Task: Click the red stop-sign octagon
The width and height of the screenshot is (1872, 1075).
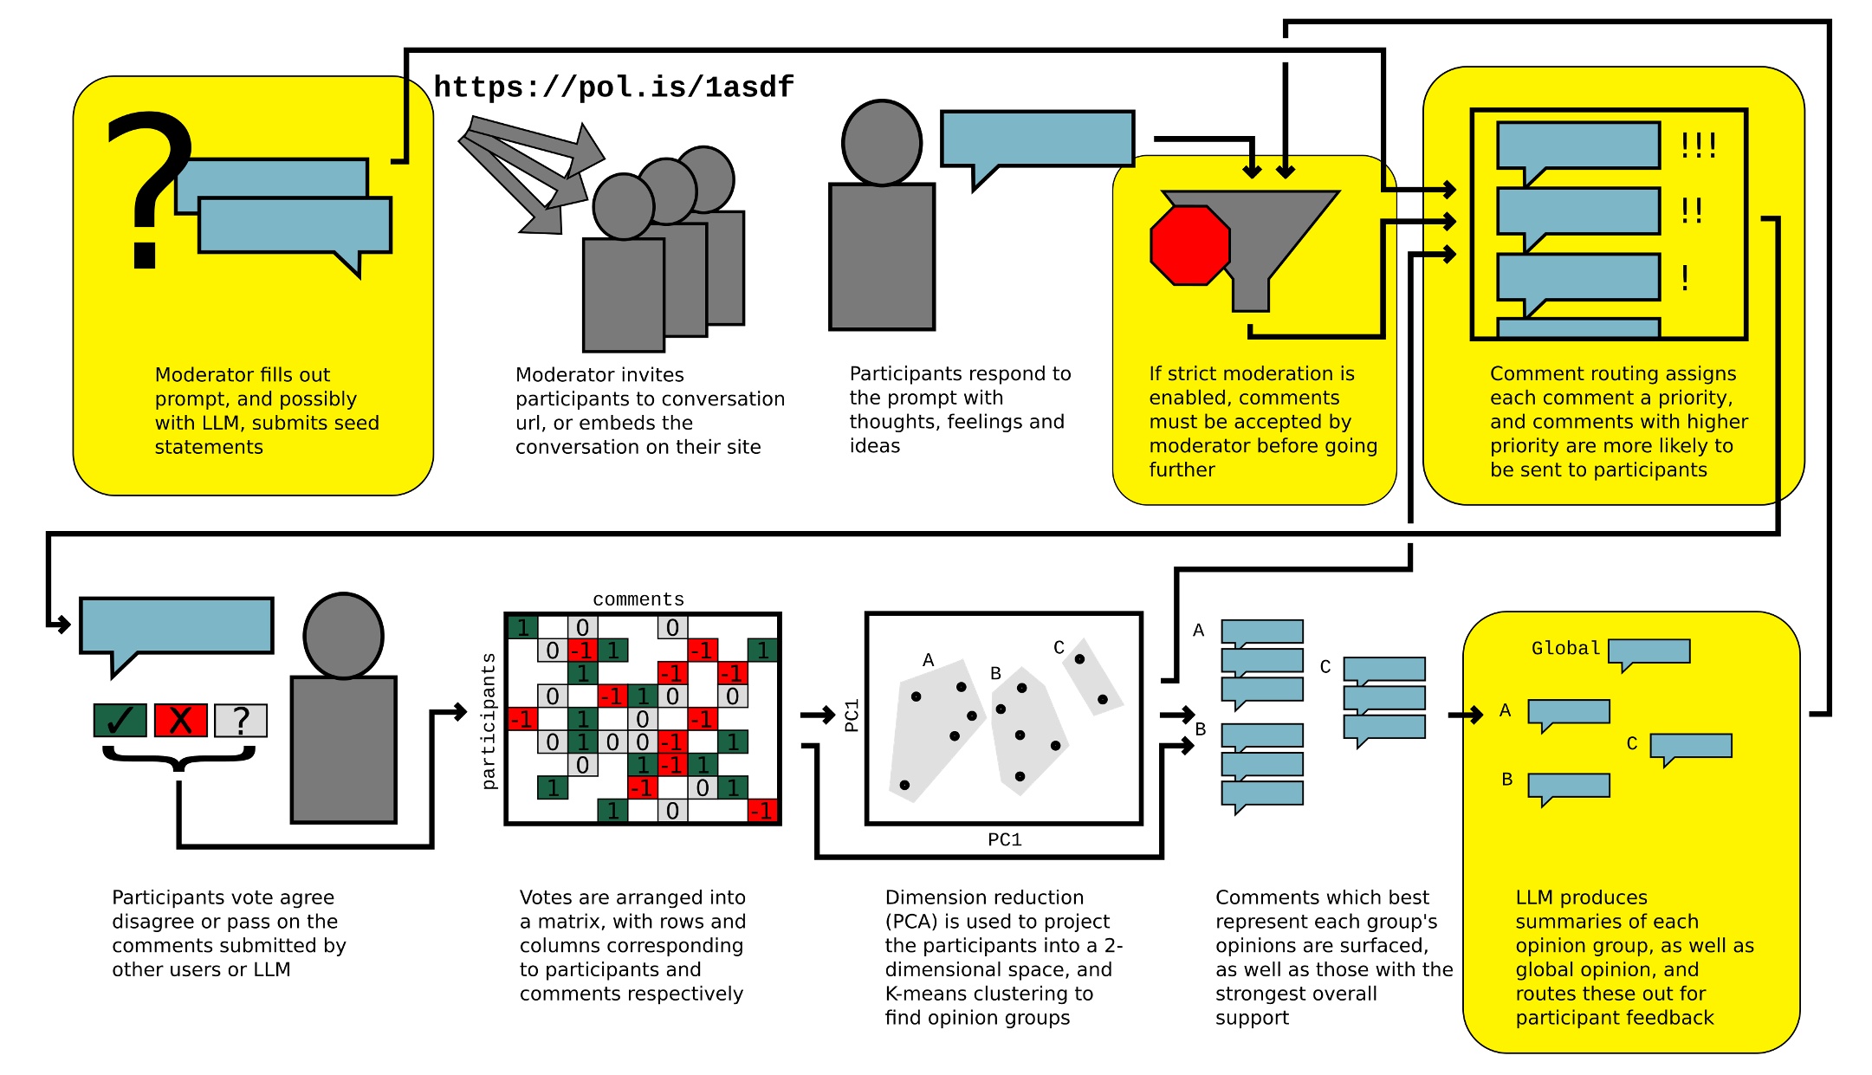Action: click(x=1189, y=245)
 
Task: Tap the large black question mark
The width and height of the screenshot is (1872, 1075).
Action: click(x=149, y=186)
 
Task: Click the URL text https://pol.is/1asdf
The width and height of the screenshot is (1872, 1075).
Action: click(x=613, y=87)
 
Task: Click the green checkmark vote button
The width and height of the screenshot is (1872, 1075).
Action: click(x=120, y=720)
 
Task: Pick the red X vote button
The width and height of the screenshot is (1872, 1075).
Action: click(x=180, y=720)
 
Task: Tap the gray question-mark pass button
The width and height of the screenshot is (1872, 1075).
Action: click(x=241, y=720)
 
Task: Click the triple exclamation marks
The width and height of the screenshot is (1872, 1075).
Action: click(x=1698, y=145)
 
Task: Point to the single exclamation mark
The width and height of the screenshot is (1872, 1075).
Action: click(x=1685, y=277)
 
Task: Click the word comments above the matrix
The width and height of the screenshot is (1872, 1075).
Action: click(x=638, y=599)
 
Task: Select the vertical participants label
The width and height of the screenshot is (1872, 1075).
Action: click(x=489, y=721)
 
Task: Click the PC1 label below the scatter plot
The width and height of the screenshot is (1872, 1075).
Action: click(x=1005, y=839)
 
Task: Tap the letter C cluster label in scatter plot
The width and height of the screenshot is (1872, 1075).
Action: click(x=1059, y=647)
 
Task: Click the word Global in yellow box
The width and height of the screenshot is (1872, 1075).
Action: click(x=1565, y=648)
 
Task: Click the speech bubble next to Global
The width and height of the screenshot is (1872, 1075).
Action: click(x=1649, y=651)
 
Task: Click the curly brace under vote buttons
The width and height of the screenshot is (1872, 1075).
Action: click(x=179, y=760)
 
